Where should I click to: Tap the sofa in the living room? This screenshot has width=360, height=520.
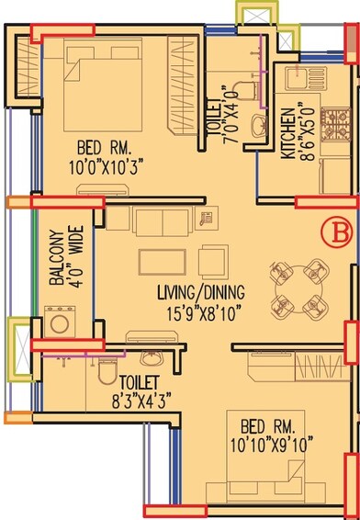pyautogui.click(x=162, y=221)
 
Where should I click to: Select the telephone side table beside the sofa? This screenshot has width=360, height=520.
pyautogui.click(x=206, y=219)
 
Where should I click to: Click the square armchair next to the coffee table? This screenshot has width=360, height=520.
pyautogui.click(x=213, y=260)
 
